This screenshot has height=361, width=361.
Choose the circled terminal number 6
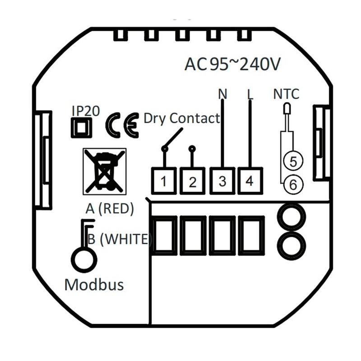293,184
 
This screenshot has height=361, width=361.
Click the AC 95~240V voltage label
232,65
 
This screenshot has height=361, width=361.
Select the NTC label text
287,94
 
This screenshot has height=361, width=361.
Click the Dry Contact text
181,119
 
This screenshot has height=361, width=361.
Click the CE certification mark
122,127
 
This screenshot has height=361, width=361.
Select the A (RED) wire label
110,208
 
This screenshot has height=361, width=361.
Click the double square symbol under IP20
82,128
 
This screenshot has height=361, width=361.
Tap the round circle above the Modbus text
84,259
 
